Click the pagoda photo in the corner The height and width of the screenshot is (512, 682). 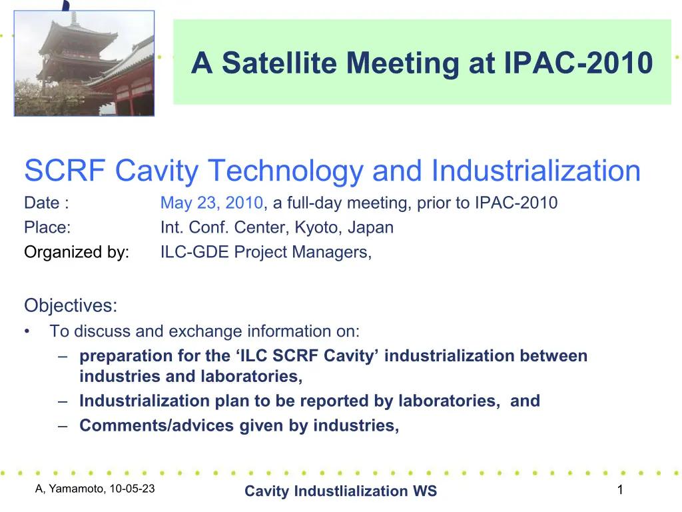coord(84,63)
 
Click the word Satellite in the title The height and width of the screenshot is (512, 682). coord(279,63)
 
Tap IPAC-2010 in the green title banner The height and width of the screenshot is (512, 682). coord(578,63)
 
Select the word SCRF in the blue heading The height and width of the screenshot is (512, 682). coord(65,170)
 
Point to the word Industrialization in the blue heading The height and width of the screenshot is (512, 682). coord(536,170)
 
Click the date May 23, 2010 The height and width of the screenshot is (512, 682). coord(212,203)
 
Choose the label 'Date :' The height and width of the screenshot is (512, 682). coord(47,203)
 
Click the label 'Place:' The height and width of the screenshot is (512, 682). coord(47,227)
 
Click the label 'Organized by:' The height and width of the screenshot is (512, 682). coord(77,252)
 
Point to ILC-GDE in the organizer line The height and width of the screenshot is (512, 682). coord(194,251)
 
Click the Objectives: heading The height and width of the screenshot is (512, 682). coord(71,305)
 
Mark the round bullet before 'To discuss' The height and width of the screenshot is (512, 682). coord(27,332)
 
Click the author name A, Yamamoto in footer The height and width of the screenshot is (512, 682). coord(70,489)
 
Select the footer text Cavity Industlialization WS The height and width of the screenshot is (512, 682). coord(340,491)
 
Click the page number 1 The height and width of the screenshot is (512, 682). coord(620,490)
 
